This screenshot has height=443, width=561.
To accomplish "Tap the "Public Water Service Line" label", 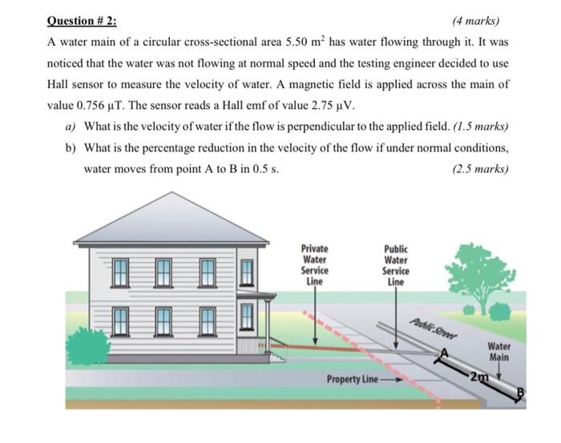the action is pos(396,265).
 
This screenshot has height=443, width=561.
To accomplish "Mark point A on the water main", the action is pos(441,349).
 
